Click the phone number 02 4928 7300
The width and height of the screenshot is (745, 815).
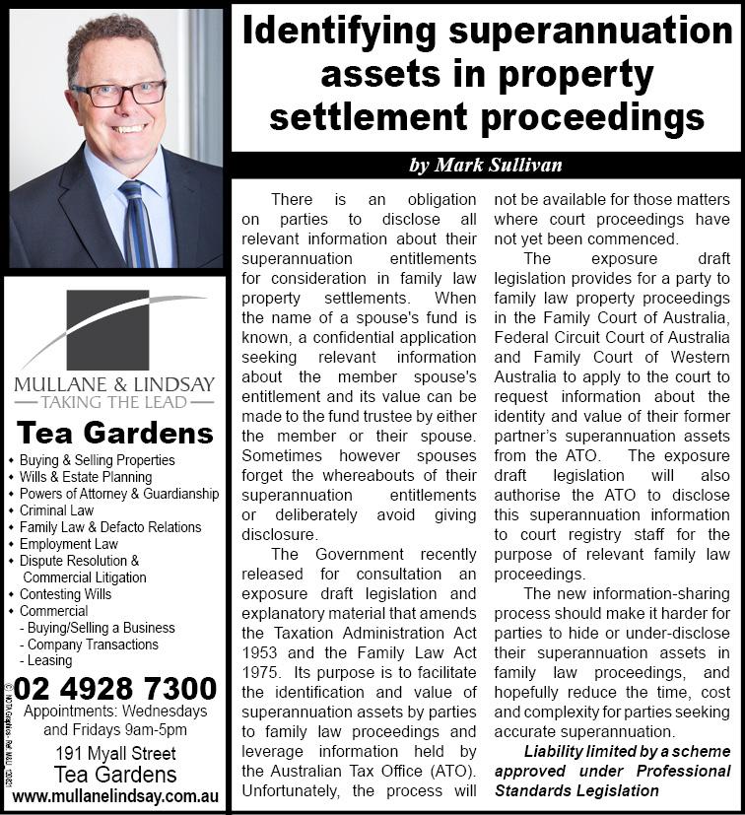pos(115,688)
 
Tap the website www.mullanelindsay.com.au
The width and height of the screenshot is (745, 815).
pos(114,796)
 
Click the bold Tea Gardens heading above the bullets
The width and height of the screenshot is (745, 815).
pos(115,434)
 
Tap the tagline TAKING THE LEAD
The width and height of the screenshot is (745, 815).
pos(114,401)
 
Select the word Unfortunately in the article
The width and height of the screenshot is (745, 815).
pos(293,791)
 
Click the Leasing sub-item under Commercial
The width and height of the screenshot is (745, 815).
pos(49,661)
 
